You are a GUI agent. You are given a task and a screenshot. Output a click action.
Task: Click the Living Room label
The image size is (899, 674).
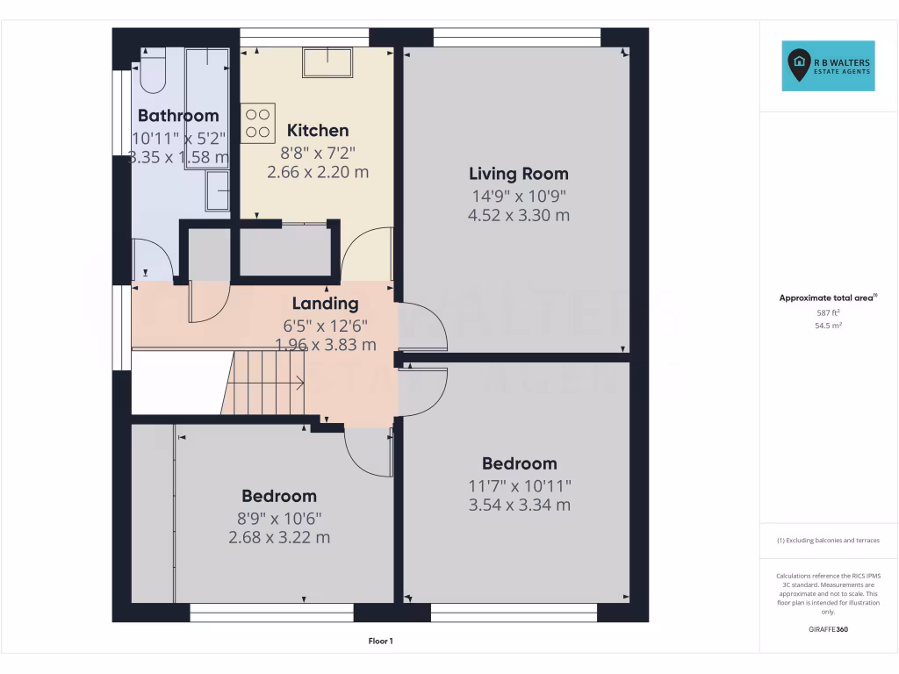click(x=518, y=174)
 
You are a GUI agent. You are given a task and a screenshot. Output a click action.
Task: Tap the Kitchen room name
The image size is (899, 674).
click(x=318, y=131)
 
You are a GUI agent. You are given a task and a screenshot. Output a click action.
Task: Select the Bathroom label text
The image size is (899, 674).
click(x=178, y=116)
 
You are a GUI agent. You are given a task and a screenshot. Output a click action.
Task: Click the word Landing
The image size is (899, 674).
click(x=325, y=304)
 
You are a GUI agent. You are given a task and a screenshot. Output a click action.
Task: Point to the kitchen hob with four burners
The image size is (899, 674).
click(x=257, y=123)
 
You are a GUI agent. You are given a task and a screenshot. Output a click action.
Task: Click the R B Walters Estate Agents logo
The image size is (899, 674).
click(x=829, y=66)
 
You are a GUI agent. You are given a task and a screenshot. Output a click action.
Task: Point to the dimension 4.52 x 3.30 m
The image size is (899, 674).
click(x=518, y=215)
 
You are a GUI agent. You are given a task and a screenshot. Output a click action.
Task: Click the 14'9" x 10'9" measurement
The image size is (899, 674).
click(x=518, y=196)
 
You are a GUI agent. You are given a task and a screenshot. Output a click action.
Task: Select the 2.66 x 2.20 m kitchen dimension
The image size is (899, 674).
click(x=318, y=172)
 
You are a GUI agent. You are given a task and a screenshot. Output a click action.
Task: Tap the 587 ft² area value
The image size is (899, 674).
click(x=829, y=312)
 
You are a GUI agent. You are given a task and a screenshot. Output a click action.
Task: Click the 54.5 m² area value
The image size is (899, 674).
click(x=829, y=326)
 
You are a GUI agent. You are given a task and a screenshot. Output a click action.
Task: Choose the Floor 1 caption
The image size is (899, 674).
click(x=380, y=642)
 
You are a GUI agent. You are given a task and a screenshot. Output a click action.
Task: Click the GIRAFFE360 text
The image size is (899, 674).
click(x=829, y=629)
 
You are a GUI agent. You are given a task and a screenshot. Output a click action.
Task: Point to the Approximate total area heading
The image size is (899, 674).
click(x=827, y=298)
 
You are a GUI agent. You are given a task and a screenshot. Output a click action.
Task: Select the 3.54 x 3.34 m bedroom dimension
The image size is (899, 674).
click(x=519, y=505)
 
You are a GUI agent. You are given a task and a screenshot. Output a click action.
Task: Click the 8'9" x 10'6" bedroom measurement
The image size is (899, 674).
click(x=279, y=518)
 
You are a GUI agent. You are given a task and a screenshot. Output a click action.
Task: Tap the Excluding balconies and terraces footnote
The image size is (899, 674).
click(x=829, y=541)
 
